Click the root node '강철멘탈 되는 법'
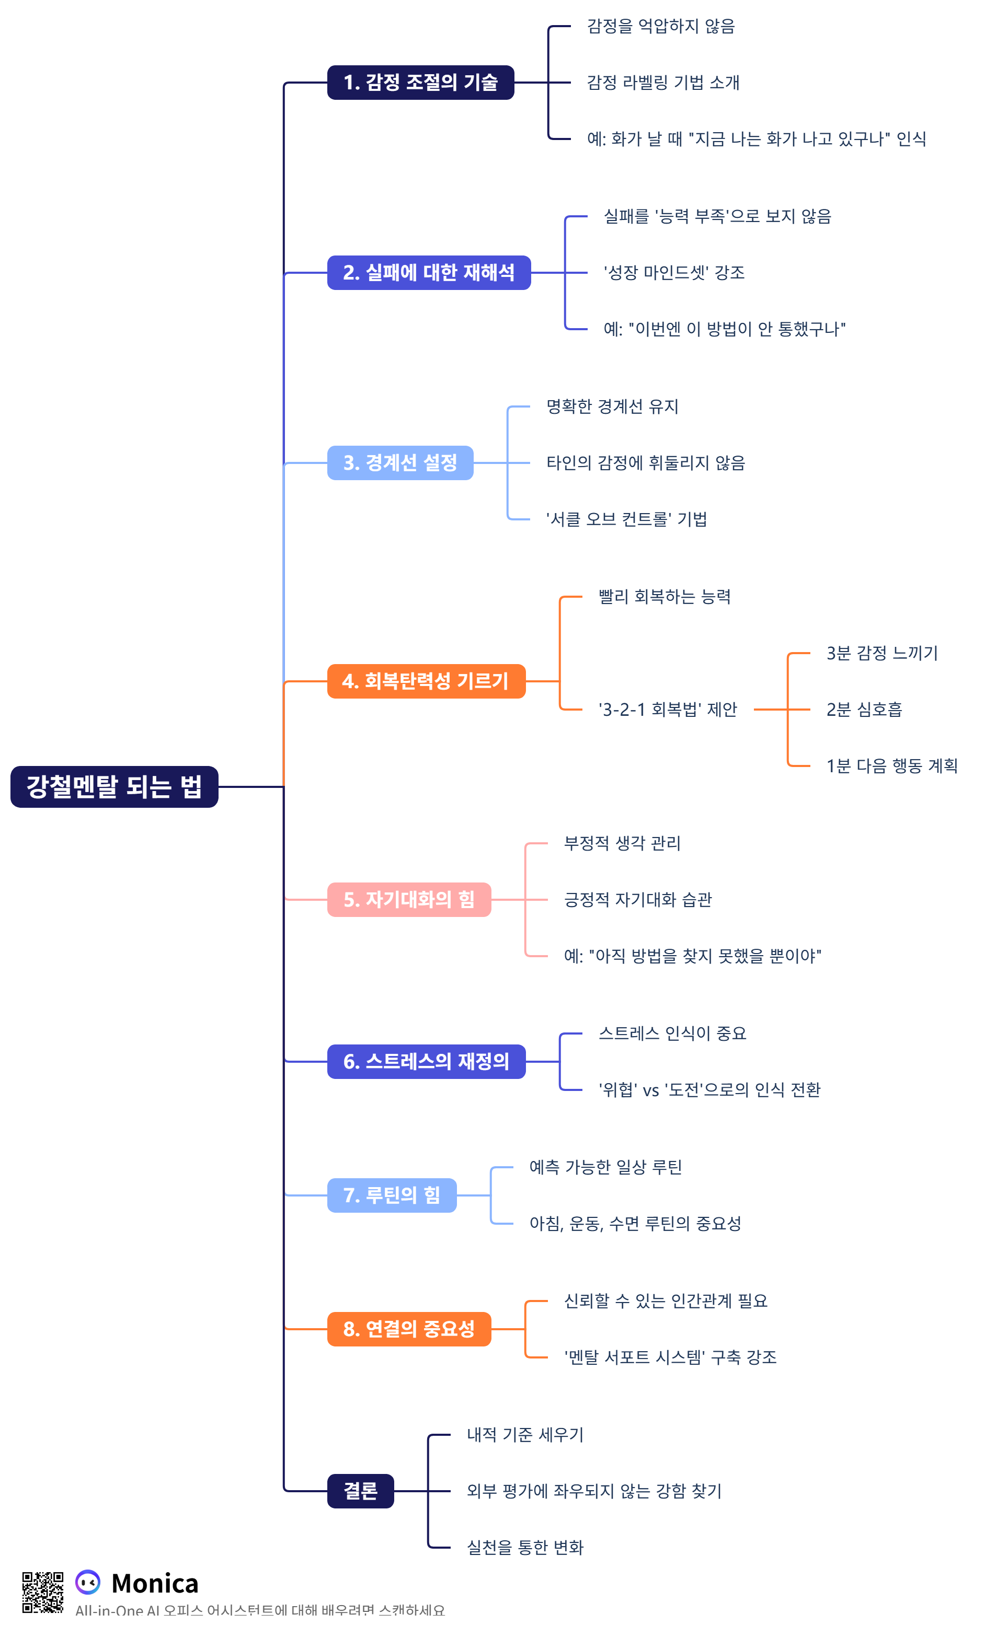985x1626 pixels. [x=114, y=786]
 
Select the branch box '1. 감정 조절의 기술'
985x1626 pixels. [x=420, y=83]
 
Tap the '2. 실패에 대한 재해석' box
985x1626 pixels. [x=429, y=273]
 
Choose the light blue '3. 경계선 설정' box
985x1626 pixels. [x=400, y=462]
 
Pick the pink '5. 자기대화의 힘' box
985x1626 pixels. [x=409, y=899]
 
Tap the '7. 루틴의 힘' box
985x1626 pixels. [x=392, y=1195]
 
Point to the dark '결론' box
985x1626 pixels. [x=360, y=1491]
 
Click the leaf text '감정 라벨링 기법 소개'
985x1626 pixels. [x=663, y=83]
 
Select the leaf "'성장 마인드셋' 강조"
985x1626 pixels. [x=674, y=273]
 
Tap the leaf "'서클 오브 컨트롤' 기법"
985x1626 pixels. [x=626, y=519]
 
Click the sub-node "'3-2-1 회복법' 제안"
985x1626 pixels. [x=668, y=710]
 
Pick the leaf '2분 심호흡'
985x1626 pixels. [x=864, y=710]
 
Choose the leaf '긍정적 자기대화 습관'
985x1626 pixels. [x=638, y=899]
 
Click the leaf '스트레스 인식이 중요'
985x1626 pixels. [x=672, y=1033]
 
